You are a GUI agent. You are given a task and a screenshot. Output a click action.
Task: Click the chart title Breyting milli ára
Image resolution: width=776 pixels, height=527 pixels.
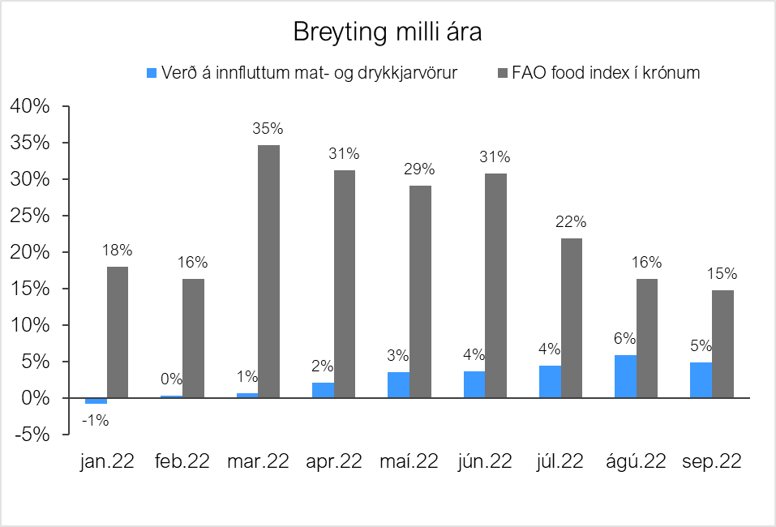388,33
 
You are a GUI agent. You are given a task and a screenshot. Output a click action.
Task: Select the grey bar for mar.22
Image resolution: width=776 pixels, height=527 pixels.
268,272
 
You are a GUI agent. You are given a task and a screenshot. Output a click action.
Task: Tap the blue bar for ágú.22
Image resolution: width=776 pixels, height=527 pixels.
625,377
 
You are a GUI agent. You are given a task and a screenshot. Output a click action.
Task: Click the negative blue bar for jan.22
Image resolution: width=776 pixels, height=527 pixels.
96,401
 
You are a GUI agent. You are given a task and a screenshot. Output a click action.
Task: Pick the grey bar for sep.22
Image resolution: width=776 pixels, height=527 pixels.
722,344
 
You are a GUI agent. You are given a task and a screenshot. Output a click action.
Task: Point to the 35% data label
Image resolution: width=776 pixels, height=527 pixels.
268,128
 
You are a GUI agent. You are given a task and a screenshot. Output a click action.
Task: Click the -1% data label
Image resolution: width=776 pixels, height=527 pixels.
96,420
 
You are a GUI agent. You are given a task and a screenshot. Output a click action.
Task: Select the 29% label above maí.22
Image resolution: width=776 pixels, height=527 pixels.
420,169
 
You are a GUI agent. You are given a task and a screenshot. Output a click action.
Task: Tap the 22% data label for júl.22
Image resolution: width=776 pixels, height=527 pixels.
571,221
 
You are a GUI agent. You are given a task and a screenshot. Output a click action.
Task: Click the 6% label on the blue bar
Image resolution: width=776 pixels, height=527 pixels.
624,339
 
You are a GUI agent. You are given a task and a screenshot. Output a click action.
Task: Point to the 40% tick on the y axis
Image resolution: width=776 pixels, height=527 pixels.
30,106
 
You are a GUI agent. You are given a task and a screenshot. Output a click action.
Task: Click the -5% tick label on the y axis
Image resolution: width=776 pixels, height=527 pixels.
30,435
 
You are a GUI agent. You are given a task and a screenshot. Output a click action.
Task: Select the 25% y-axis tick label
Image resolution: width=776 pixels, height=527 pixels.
30,216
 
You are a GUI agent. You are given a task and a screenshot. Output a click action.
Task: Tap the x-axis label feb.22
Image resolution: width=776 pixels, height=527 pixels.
182,461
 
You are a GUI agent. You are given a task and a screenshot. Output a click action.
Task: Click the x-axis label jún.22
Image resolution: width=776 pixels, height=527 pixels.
484,461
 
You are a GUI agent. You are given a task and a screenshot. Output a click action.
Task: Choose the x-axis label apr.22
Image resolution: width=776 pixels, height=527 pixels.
333,461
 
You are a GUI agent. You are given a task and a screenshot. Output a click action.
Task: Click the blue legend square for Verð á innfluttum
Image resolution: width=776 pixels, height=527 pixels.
150,73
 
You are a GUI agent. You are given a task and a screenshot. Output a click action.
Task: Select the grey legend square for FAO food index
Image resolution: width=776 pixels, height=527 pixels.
502,73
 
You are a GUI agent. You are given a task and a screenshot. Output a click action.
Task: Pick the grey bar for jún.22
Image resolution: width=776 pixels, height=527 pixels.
495,285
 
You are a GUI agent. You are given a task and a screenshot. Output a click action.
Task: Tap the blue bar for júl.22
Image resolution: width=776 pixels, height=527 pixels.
550,381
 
